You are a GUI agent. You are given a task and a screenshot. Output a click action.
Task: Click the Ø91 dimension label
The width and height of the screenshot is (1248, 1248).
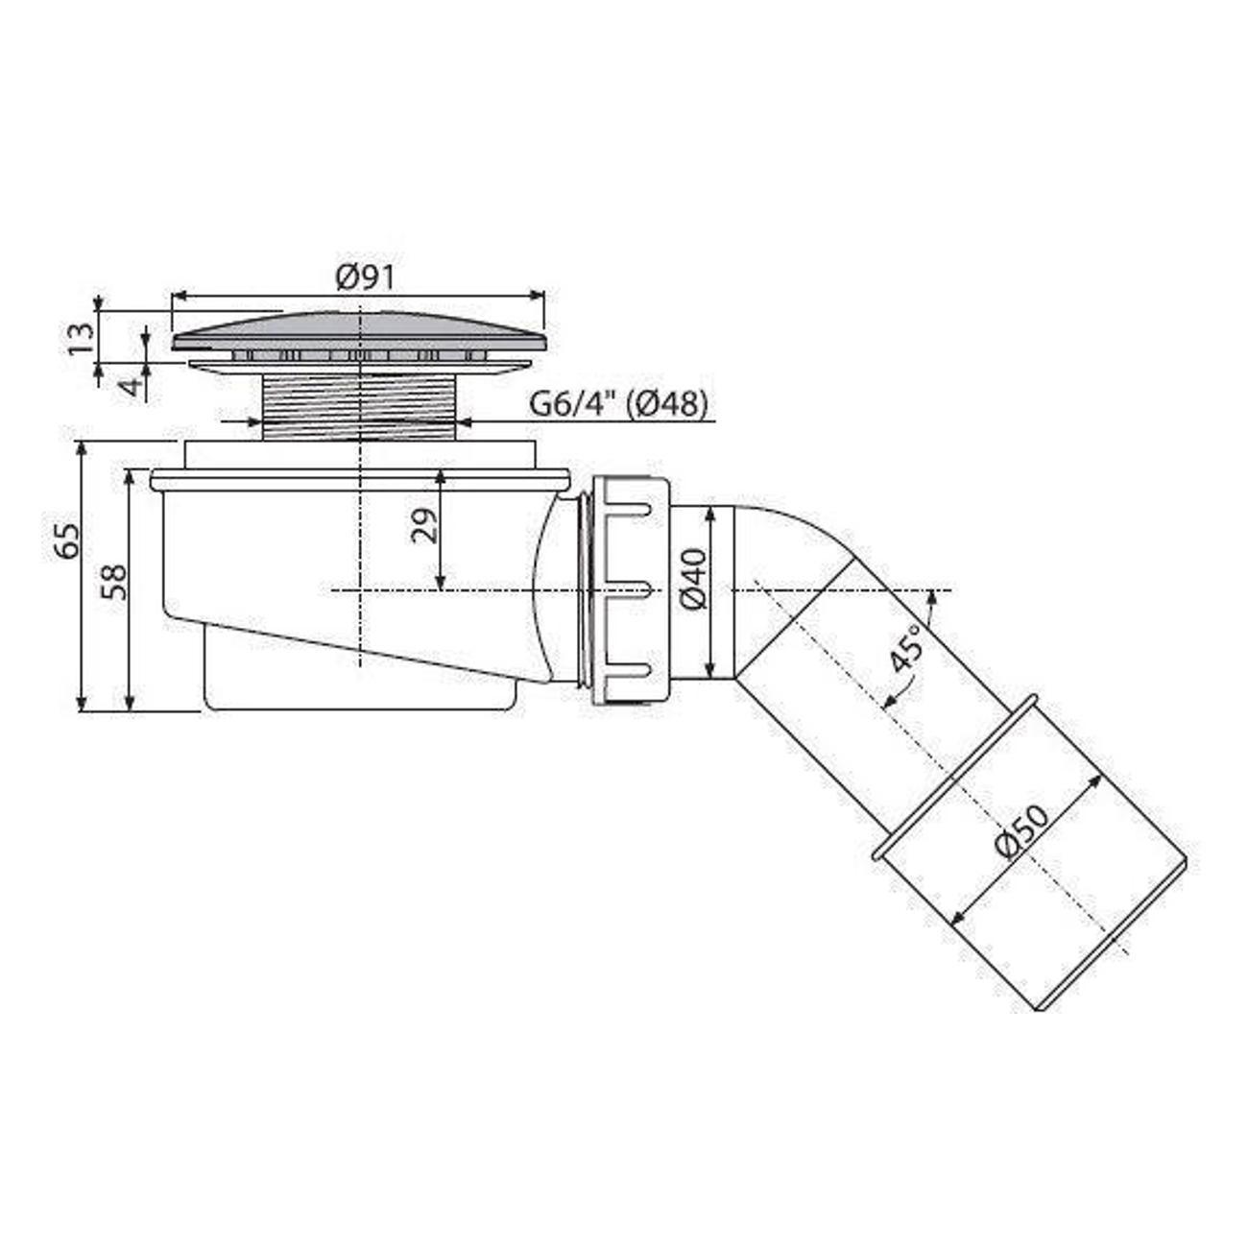(x=365, y=277)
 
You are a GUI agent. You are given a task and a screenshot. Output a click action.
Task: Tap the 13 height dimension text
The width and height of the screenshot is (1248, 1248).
(x=81, y=338)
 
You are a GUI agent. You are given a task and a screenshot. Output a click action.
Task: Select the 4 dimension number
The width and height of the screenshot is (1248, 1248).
(x=132, y=387)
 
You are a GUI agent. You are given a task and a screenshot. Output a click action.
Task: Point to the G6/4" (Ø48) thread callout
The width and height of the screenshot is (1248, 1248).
(x=618, y=405)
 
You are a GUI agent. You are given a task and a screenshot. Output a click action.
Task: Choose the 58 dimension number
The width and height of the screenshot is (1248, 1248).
(x=115, y=582)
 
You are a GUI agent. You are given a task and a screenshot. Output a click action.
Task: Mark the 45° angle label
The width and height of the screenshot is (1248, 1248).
(x=904, y=648)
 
